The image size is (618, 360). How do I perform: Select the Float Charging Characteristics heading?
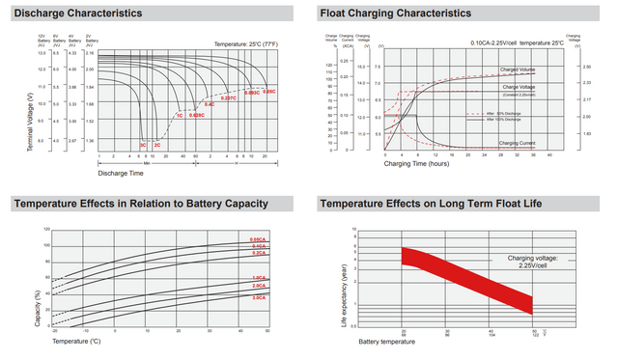(396, 14)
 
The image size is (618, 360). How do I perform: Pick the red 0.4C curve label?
(210, 104)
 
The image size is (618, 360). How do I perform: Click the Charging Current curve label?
(519, 143)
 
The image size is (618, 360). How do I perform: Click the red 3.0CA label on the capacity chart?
(259, 298)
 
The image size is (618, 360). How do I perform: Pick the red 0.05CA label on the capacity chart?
(259, 239)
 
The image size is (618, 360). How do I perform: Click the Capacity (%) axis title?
(36, 307)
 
